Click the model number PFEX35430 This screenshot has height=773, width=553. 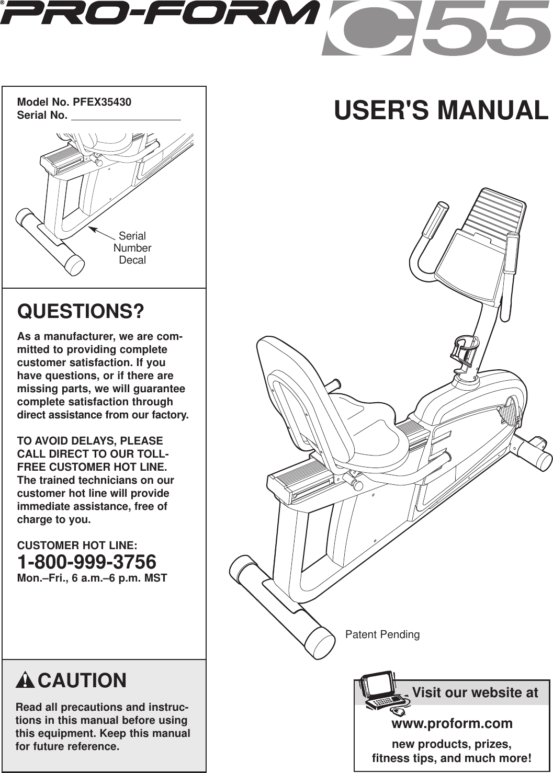tap(102, 102)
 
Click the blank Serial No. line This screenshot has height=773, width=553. tap(126, 116)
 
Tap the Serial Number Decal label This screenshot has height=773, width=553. tap(132, 248)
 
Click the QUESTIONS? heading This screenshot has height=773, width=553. tap(81, 312)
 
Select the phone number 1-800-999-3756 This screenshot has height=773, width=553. tap(87, 562)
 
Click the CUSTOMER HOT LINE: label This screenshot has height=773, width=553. tap(77, 545)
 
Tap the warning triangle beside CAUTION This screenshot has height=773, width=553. tap(25, 681)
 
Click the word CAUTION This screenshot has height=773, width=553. tap(82, 681)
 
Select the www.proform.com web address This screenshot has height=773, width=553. tap(452, 723)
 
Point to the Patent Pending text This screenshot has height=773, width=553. tap(382, 634)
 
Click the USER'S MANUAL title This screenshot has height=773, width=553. tap(441, 110)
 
